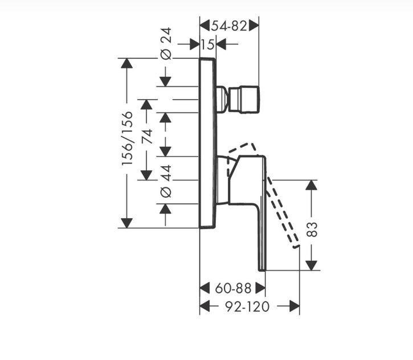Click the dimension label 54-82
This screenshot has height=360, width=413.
[x=229, y=26]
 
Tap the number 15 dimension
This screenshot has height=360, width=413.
[x=208, y=44]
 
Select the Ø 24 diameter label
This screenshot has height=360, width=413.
[x=166, y=43]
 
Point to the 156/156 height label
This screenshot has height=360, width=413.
[x=127, y=138]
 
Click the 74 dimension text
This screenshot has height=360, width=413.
[x=147, y=136]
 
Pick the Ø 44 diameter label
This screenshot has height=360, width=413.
[x=166, y=181]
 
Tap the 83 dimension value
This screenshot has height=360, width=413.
[x=312, y=229]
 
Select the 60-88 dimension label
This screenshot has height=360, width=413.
[x=233, y=288]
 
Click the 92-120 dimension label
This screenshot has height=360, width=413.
[x=247, y=306]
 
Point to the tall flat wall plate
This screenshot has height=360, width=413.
[x=208, y=142]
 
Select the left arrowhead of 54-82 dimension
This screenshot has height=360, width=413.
[x=205, y=26]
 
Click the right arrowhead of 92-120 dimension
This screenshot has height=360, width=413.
[x=295, y=306]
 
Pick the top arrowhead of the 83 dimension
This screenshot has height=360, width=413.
[x=312, y=185]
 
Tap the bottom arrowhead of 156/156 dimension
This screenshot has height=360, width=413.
[x=126, y=223]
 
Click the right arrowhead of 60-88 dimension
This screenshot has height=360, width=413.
[x=260, y=288]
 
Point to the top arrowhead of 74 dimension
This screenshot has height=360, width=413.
[x=146, y=105]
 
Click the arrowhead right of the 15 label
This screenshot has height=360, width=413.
[x=221, y=44]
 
